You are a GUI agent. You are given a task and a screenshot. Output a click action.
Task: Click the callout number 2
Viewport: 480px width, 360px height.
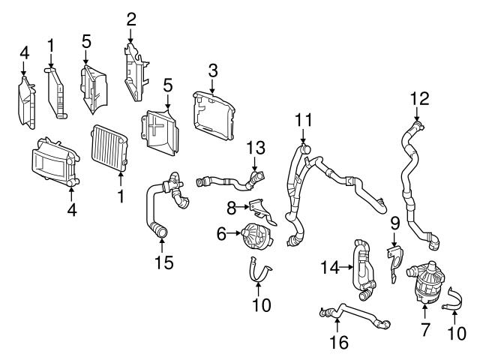(x=131, y=16)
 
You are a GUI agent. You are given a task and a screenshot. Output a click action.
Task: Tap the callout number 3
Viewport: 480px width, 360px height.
(x=213, y=72)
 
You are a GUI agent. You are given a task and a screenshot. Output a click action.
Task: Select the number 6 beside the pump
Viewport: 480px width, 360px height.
(x=221, y=235)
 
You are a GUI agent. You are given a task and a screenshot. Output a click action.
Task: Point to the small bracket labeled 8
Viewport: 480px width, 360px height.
(x=256, y=210)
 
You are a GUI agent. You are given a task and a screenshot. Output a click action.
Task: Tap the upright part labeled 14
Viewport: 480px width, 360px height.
(x=363, y=266)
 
